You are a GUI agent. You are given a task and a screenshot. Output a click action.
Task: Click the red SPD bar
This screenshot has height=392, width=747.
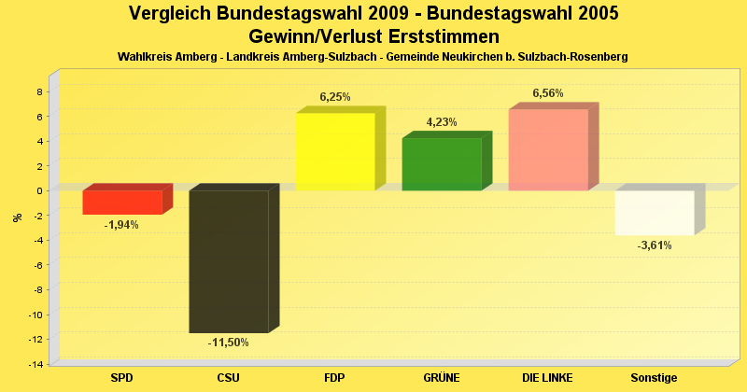pyautogui.click(x=122, y=202)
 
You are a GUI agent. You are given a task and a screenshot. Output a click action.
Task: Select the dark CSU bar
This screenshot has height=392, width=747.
pyautogui.click(x=229, y=261)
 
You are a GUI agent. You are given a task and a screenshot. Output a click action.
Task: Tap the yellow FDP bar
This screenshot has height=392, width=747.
pyautogui.click(x=335, y=151)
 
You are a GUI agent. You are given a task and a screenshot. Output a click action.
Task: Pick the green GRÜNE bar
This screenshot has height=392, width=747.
pyautogui.click(x=442, y=164)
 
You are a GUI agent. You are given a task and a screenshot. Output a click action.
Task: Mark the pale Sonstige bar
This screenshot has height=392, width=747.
pyautogui.click(x=655, y=212)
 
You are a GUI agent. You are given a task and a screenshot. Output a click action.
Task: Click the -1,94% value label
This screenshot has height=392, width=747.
pyautogui.click(x=122, y=225)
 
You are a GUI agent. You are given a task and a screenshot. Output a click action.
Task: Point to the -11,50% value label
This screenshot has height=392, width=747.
pyautogui.click(x=229, y=343)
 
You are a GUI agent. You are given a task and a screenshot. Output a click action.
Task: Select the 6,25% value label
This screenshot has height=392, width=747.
pyautogui.click(x=335, y=97)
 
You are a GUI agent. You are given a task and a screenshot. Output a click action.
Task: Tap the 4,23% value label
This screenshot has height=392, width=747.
pyautogui.click(x=442, y=122)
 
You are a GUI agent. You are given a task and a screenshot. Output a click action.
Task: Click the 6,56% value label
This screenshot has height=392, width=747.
pyautogui.click(x=548, y=93)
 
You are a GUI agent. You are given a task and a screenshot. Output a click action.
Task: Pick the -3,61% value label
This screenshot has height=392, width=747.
pyautogui.click(x=655, y=245)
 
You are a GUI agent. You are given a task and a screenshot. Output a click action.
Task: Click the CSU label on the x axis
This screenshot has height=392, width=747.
pyautogui.click(x=229, y=377)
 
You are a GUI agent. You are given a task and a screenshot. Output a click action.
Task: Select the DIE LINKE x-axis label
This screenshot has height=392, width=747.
pyautogui.click(x=548, y=377)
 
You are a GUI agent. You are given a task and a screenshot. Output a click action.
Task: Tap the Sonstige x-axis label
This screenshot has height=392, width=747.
pyautogui.click(x=655, y=377)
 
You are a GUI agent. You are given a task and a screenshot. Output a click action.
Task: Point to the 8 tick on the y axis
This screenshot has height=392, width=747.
pyautogui.click(x=39, y=91)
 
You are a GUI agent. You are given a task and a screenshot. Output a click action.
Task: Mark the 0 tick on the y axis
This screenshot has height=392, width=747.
pyautogui.click(x=39, y=190)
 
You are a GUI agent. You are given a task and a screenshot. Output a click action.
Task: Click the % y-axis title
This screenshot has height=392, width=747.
pyautogui.click(x=17, y=218)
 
